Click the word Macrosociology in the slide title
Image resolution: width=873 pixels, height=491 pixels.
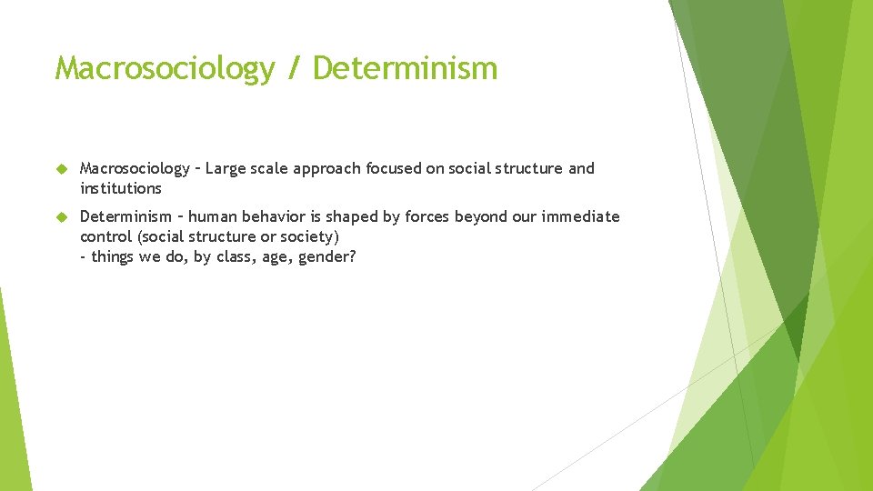[164, 69]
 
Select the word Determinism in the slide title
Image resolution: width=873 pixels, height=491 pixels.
[405, 69]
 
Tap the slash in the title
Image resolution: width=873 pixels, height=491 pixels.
[293, 69]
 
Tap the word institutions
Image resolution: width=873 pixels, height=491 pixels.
[121, 189]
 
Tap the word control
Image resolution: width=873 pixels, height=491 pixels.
[106, 236]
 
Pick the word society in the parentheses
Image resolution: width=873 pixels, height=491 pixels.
[306, 237]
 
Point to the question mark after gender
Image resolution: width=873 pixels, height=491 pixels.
[353, 257]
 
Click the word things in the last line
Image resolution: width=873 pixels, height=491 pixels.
[114, 257]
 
